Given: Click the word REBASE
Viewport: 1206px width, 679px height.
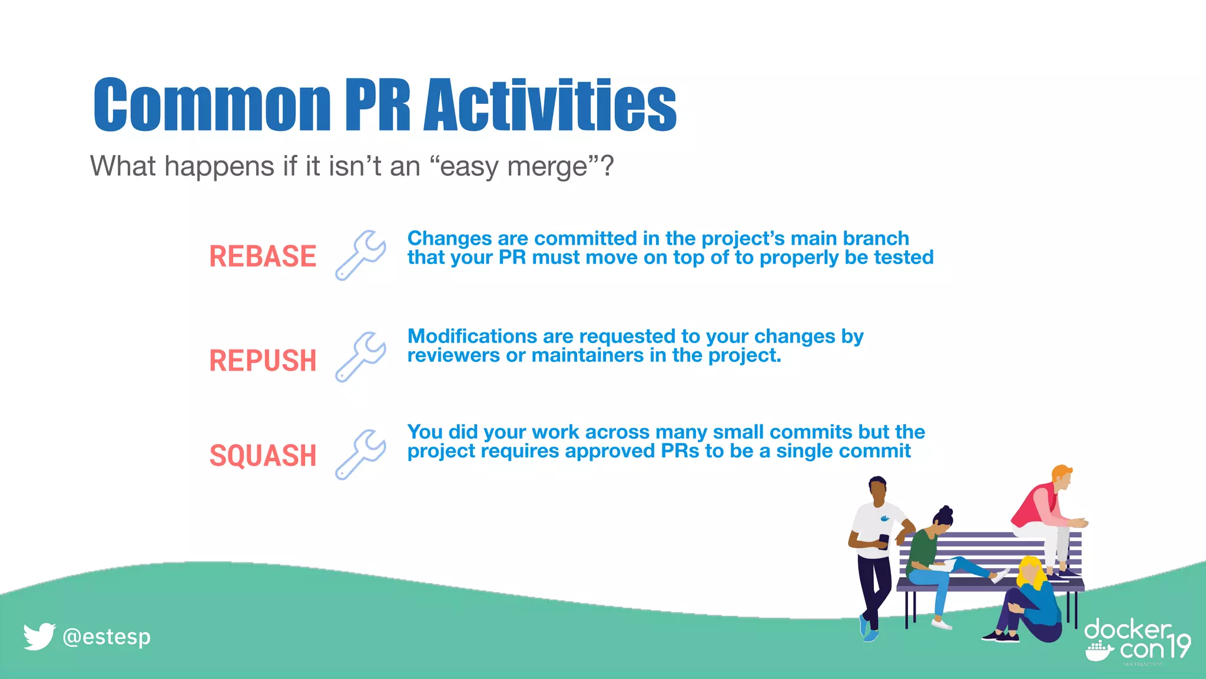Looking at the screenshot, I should (x=263, y=256).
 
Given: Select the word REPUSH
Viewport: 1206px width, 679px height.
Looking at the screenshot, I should (x=263, y=361).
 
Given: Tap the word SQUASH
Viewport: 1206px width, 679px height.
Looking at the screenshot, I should (x=263, y=456).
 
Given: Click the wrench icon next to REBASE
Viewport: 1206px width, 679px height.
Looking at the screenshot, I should (x=360, y=255).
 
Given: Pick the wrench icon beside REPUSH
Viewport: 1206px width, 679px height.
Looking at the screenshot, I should (x=360, y=357).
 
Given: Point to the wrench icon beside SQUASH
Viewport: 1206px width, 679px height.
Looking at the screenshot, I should (x=360, y=454).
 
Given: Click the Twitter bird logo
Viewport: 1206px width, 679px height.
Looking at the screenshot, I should (x=39, y=637).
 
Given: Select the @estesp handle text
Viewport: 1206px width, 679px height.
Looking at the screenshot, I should (x=107, y=637).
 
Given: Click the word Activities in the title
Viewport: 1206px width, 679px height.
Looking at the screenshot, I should (x=550, y=104).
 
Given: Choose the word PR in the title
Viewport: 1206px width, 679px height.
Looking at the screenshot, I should (x=377, y=104).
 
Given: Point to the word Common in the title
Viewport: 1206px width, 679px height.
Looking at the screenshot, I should (x=212, y=104).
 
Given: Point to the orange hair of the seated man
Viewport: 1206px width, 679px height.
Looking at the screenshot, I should (x=1061, y=472).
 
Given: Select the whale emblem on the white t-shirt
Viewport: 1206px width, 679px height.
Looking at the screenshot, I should (x=884, y=519).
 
